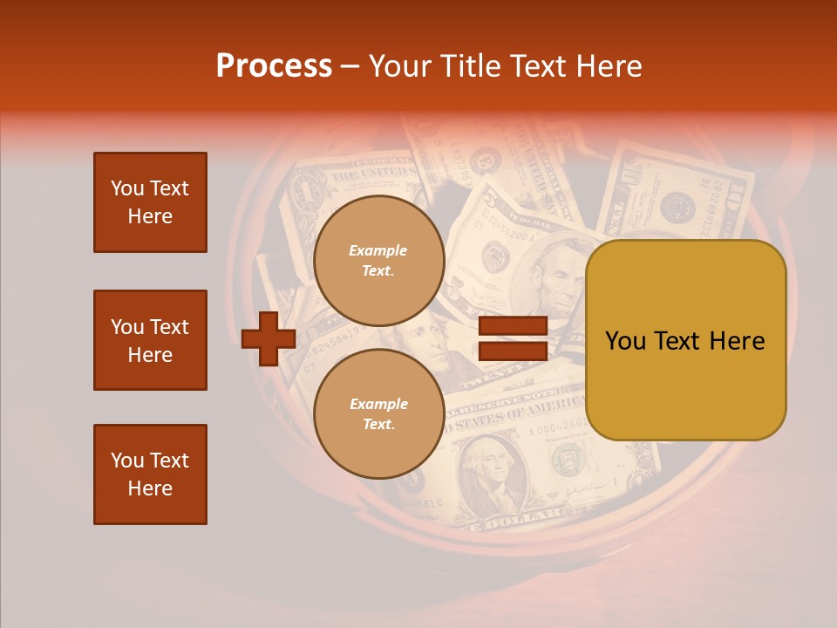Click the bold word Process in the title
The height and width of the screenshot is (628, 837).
(x=274, y=66)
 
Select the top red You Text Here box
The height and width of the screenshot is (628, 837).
(x=150, y=202)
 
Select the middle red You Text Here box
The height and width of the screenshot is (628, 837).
(x=150, y=340)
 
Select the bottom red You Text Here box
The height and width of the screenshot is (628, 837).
(x=150, y=474)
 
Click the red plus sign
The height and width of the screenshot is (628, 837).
(x=269, y=338)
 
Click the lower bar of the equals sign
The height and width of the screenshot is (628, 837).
(x=513, y=352)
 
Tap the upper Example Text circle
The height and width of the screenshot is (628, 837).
(x=378, y=261)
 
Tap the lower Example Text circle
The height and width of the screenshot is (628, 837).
(x=378, y=414)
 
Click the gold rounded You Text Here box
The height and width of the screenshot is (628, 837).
(x=685, y=340)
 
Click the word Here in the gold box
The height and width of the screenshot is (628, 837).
(x=737, y=341)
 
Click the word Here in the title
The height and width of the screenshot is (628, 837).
(x=609, y=66)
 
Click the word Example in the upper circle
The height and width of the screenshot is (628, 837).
(x=378, y=250)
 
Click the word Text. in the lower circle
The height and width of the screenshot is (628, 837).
(x=378, y=425)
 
